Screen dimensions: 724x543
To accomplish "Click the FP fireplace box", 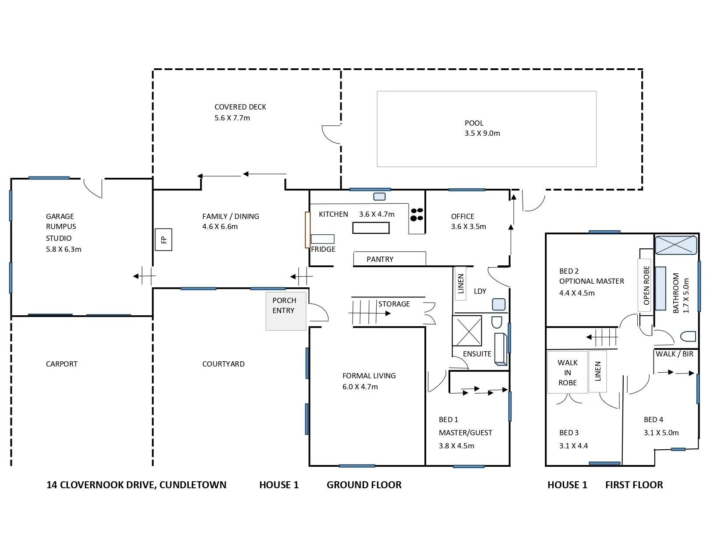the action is click(163, 240).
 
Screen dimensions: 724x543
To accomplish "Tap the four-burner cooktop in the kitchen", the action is click(417, 214).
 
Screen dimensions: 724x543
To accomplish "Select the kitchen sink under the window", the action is click(379, 197).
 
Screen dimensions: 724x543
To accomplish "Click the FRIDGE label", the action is click(323, 249).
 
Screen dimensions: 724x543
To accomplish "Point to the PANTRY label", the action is click(380, 259).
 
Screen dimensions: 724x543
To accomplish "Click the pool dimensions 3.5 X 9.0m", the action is click(482, 133).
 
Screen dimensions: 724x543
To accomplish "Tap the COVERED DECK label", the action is click(240, 107).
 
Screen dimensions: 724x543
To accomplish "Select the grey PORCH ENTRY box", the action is click(286, 311).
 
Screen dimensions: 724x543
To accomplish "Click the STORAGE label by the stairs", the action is click(394, 303).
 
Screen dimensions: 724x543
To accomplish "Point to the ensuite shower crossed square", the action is click(467, 331).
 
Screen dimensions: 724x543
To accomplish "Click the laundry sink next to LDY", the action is click(498, 304).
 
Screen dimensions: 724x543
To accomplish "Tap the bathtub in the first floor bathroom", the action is click(675, 245).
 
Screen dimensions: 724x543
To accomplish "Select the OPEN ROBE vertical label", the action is click(646, 285).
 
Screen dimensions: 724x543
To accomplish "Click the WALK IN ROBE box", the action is click(567, 372).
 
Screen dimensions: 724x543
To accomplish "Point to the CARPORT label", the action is click(62, 363).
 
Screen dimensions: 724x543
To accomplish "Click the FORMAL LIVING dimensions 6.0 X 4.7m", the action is click(360, 387).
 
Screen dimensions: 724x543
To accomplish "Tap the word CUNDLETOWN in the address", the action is click(193, 485).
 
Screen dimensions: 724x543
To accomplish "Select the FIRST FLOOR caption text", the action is click(634, 485).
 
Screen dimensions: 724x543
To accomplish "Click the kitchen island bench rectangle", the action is click(371, 228).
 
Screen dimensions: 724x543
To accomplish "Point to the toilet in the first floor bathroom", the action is click(688, 337).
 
